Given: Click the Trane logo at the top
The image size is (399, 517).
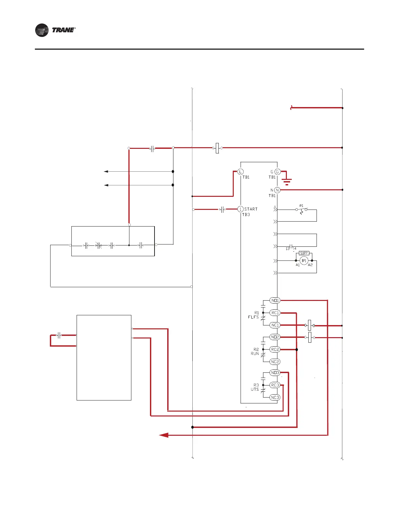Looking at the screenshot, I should click(55, 30).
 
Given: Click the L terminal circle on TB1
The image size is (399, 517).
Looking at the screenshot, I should click(240, 172).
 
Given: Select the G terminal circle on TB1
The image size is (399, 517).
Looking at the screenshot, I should click(277, 172).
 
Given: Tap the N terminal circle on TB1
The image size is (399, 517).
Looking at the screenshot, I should click(277, 190).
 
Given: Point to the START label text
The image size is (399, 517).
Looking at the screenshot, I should click(251, 209).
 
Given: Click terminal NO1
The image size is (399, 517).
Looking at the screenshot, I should click(275, 300).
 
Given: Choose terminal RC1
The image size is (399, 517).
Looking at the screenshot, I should click(275, 313).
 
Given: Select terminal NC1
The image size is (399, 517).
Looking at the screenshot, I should click(275, 325).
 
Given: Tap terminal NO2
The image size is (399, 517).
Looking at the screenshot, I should click(275, 337).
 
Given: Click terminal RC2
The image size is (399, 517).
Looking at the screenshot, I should click(275, 349).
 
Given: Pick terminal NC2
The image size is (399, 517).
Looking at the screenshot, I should click(275, 362).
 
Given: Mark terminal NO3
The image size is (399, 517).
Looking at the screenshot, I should click(275, 373).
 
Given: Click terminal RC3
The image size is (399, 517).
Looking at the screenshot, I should click(275, 385).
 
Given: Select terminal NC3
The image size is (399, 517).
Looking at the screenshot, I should click(275, 397).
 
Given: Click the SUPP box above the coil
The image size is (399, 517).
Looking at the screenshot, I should click(304, 253).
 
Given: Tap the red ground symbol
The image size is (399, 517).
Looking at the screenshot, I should click(287, 181).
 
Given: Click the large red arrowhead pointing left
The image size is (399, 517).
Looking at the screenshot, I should click(164, 435).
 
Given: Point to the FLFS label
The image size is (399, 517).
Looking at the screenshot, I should click(253, 317).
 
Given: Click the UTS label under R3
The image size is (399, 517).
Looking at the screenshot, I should click(255, 389).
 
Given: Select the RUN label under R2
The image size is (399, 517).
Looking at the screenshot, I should click(255, 353).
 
